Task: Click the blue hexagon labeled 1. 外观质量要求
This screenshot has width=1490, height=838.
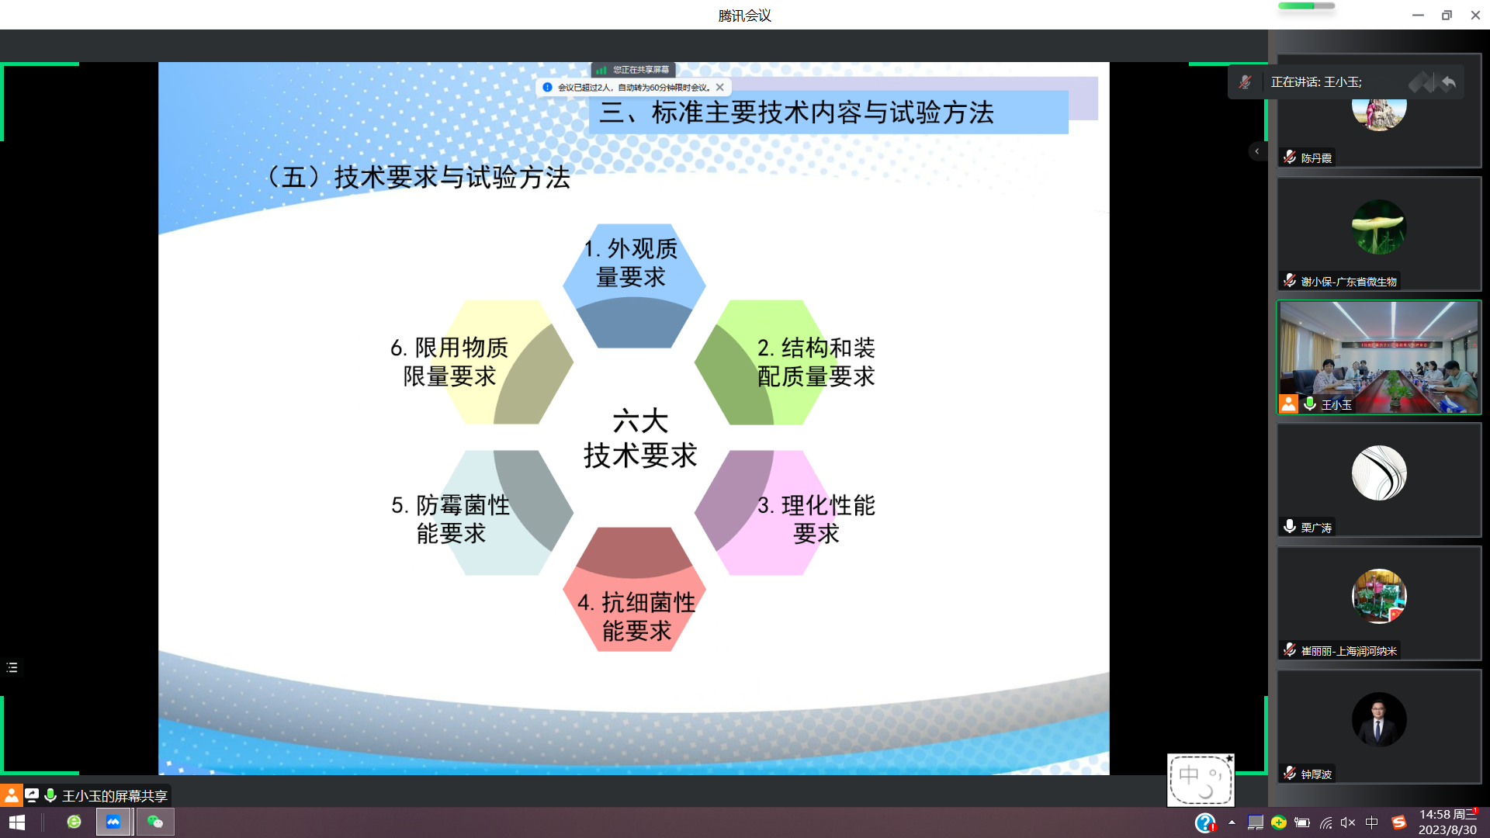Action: coord(633,264)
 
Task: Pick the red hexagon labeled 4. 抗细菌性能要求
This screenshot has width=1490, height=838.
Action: coord(635,613)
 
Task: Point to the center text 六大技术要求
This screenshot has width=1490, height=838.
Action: coord(640,438)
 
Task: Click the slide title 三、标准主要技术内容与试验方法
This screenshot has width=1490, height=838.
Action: coord(796,113)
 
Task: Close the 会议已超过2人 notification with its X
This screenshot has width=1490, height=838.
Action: coord(720,88)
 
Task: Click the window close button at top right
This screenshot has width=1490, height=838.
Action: coord(1474,15)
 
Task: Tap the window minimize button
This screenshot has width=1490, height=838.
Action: coord(1418,15)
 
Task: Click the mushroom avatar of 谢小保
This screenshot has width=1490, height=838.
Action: coord(1378,227)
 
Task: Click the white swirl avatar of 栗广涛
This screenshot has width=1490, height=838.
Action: coord(1378,473)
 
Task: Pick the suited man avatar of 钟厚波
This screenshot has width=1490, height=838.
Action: coord(1378,719)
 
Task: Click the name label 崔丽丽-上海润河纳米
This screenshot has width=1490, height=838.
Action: coord(1348,651)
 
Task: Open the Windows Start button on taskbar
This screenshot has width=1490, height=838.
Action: coord(17,822)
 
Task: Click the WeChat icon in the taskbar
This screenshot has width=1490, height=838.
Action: coord(155,822)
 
